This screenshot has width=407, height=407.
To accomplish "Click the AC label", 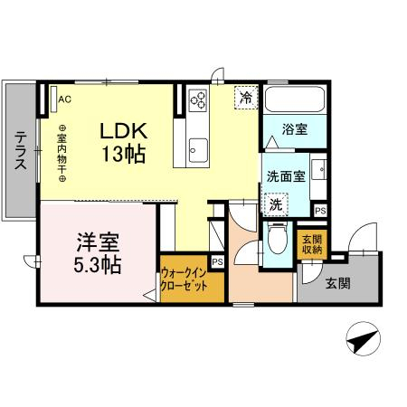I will click(x=65, y=99).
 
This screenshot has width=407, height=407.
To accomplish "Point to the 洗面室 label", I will click(x=283, y=176).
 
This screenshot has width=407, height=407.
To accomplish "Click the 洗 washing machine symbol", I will click(x=275, y=205).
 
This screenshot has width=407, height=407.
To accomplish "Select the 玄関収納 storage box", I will click(x=309, y=243).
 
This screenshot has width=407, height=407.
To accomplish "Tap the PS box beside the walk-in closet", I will click(x=216, y=262).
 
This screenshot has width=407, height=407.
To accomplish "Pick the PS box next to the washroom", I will click(x=320, y=210).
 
